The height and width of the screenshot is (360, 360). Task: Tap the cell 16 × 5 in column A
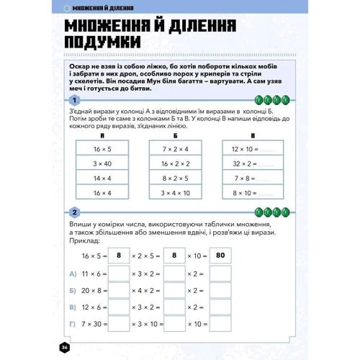(102, 149)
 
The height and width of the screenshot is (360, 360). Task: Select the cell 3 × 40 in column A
(102, 163)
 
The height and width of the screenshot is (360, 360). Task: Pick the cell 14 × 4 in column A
(102, 178)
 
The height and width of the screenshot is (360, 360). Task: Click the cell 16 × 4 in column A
(102, 193)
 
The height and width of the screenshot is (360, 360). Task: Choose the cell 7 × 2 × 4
(175, 149)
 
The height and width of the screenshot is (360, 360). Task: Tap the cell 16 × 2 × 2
(175, 163)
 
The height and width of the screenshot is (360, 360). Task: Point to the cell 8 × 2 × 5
(175, 178)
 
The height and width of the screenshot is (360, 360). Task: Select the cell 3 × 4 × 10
(175, 193)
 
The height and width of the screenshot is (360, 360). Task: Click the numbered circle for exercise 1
(74, 99)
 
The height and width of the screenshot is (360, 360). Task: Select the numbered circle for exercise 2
(74, 212)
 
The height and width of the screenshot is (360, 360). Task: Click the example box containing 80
(220, 255)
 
